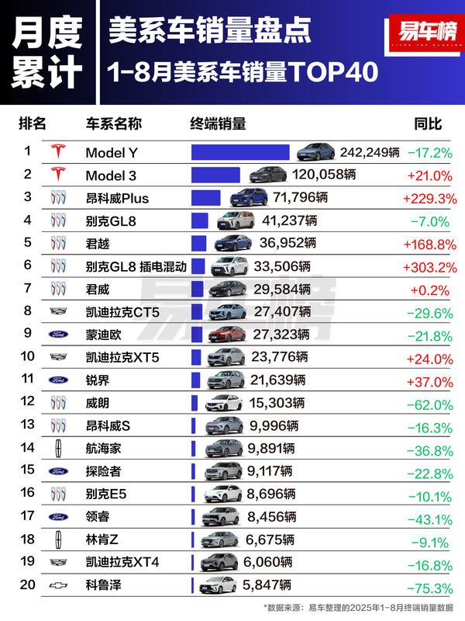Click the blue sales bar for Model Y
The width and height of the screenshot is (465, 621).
(240, 151)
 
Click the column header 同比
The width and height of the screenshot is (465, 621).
(428, 123)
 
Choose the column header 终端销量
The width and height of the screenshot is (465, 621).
(218, 123)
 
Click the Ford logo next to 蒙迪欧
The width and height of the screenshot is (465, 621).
(58, 335)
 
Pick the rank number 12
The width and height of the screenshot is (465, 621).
(27, 403)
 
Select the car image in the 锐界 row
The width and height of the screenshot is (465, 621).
(226, 380)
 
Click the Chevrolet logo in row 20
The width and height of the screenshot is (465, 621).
(58, 585)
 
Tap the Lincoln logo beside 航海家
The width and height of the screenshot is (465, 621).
(58, 448)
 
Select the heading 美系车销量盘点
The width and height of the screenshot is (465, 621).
(211, 31)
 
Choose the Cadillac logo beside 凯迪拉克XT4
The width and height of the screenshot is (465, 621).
(58, 561)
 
